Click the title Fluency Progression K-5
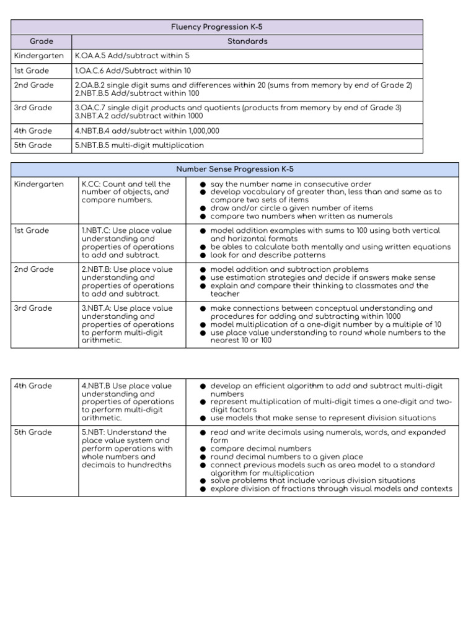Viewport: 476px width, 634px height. click(x=216, y=27)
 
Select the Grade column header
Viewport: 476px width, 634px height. click(x=42, y=41)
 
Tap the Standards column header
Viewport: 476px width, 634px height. click(x=247, y=41)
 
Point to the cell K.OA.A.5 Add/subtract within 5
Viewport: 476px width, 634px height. click(x=132, y=56)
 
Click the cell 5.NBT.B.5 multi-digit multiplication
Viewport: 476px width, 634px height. click(x=139, y=145)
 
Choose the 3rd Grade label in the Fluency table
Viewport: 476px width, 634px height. click(x=33, y=108)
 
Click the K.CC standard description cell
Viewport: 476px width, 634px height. click(x=126, y=192)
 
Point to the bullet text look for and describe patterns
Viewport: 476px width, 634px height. click(x=268, y=254)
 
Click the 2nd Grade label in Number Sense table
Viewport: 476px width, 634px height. click(x=33, y=269)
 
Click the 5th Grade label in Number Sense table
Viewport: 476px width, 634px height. click(x=33, y=432)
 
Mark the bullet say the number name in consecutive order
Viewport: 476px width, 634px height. click(x=291, y=184)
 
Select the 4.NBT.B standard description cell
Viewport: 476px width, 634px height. click(x=126, y=401)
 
